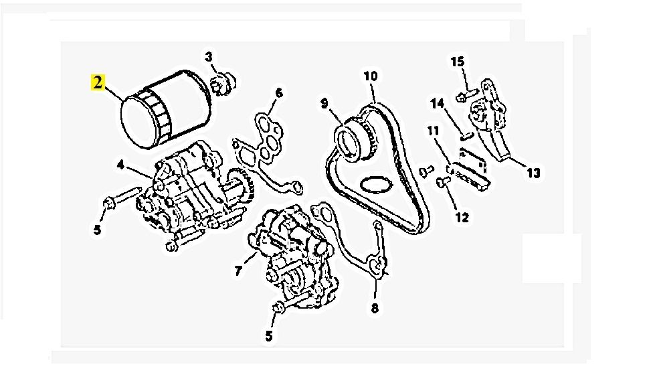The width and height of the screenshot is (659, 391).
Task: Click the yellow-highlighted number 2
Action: (98, 83)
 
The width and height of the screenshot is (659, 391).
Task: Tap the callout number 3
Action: (209, 58)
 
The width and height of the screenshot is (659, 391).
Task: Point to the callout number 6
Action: (278, 93)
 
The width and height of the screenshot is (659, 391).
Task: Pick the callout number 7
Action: (238, 271)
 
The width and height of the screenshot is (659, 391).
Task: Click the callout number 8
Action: (375, 309)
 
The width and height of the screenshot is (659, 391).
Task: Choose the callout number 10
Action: (370, 76)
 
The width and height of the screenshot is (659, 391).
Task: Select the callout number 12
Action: (463, 217)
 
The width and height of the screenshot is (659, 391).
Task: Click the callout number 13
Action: (533, 173)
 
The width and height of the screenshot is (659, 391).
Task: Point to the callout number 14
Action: (437, 104)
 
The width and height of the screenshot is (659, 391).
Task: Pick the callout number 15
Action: (457, 62)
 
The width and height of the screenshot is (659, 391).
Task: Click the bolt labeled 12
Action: (442, 181)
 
